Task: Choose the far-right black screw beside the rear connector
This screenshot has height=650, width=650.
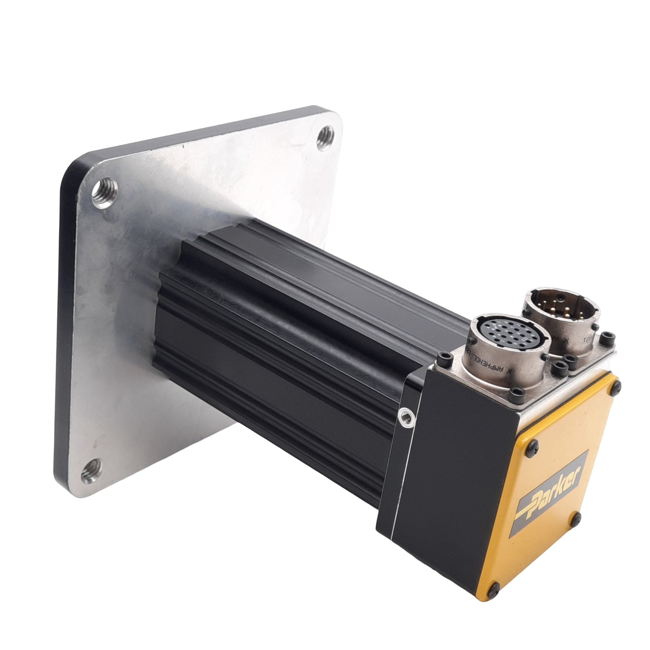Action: pos(609,336)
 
